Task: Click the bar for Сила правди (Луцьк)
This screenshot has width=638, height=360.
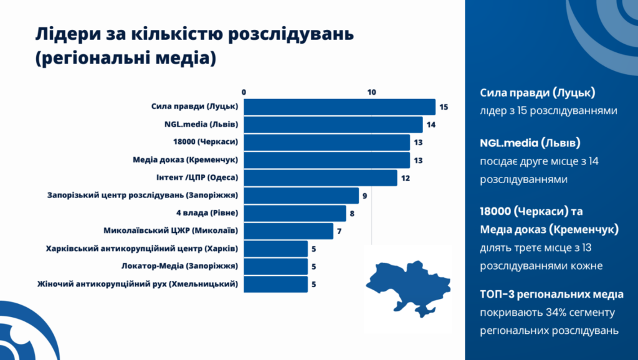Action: point(340,107)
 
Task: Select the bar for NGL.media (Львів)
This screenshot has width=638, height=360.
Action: point(333,125)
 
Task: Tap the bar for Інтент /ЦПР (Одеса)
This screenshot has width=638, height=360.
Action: point(320,178)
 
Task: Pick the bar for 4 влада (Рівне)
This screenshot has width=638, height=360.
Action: point(295,214)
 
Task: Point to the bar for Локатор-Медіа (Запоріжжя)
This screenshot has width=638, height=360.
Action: point(275,267)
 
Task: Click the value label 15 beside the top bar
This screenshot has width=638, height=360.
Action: point(444,107)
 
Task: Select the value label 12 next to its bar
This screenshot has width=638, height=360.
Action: point(406,178)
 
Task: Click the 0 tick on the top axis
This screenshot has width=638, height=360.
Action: point(244,92)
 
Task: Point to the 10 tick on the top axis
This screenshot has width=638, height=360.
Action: point(372,92)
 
